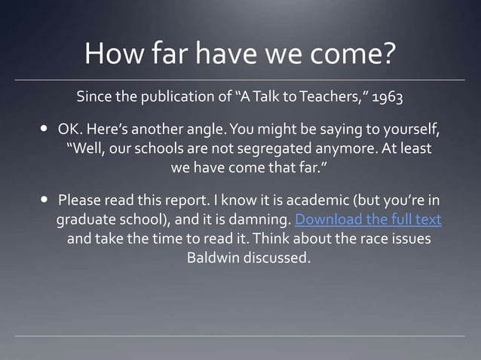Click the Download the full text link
pyautogui.click(x=368, y=220)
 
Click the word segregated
pyautogui.click(x=273, y=148)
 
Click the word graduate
pyautogui.click(x=84, y=220)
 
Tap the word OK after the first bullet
pyautogui.click(x=69, y=129)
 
